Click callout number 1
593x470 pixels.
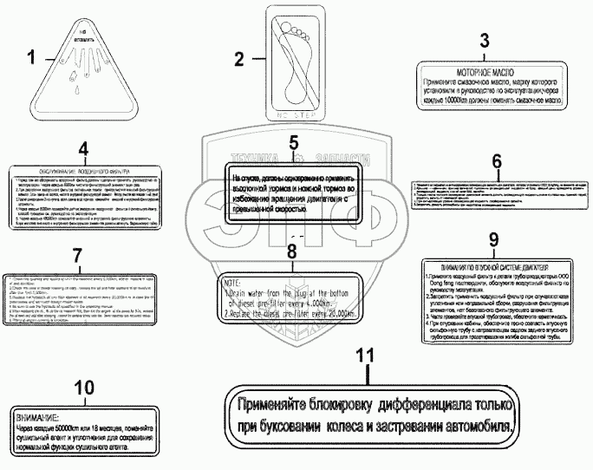[32, 59]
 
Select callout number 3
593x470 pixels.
[485, 41]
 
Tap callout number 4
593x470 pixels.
[83, 148]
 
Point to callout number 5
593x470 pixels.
[293, 144]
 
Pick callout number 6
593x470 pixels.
[496, 161]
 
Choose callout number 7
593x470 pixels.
[76, 255]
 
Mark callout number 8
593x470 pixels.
[291, 251]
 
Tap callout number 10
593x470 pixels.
[82, 388]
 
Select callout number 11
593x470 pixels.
[368, 356]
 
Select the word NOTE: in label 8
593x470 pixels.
[233, 284]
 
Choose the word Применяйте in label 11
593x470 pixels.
[283, 404]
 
